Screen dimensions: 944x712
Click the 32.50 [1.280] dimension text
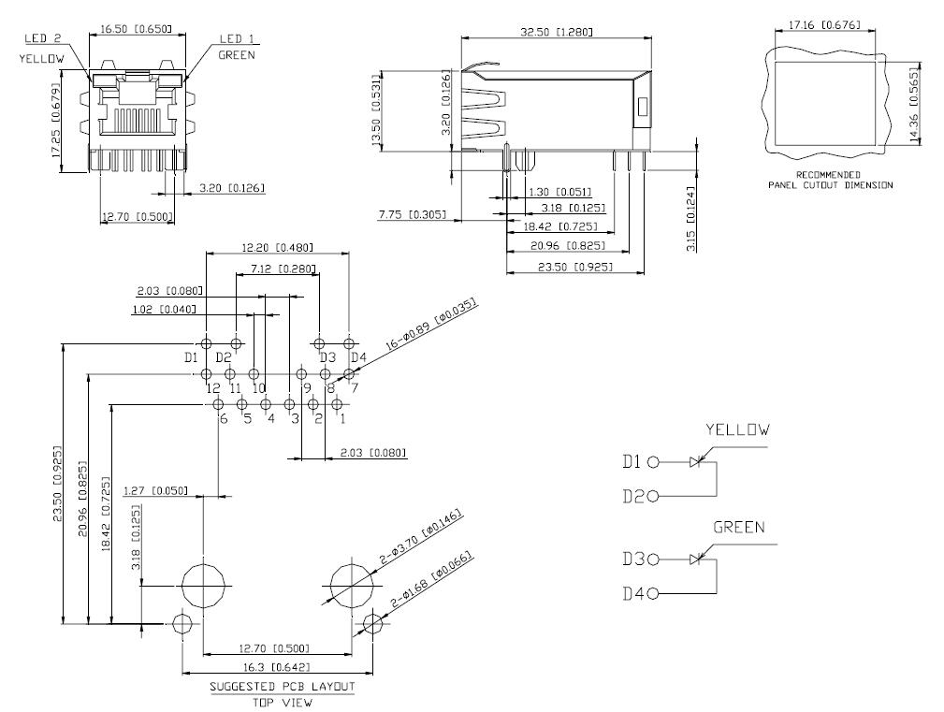[x=557, y=31]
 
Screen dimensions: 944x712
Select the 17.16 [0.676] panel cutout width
[x=824, y=24]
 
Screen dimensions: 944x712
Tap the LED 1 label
[x=237, y=39]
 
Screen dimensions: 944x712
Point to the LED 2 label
[x=43, y=38]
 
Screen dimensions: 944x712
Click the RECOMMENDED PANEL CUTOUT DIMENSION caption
[x=830, y=180]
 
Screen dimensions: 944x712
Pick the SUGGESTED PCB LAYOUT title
[x=283, y=686]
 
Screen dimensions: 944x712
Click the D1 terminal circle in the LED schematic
[x=653, y=462]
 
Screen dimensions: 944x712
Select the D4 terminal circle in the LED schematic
[x=653, y=594]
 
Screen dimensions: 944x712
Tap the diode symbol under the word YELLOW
[x=697, y=462]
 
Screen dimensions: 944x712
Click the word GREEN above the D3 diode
[x=739, y=528]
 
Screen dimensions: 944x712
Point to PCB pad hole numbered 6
[x=219, y=404]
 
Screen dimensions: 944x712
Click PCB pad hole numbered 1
[x=337, y=404]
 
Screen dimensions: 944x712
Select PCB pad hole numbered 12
[x=206, y=374]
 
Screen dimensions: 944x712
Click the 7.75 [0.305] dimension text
[x=413, y=214]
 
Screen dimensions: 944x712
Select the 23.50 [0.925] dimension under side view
[x=575, y=267]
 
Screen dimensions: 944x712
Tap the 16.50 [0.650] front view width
[x=136, y=28]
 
